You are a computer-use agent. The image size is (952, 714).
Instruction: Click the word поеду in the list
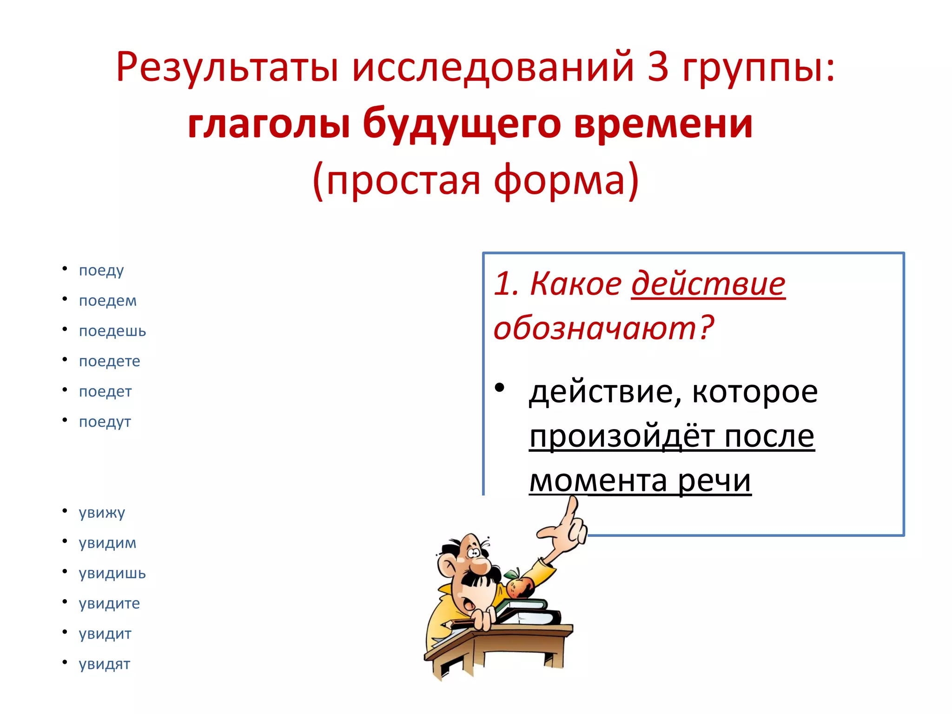pos(101,271)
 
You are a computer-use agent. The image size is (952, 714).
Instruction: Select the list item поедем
pos(108,301)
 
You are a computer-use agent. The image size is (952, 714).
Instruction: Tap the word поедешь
pos(112,331)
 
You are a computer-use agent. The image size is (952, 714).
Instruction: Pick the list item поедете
pos(110,361)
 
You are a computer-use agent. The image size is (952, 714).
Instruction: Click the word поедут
pos(105,422)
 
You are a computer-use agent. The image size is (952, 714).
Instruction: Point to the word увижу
pos(102,513)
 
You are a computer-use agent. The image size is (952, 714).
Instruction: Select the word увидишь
pos(112,573)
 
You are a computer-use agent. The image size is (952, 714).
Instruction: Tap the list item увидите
pos(109,603)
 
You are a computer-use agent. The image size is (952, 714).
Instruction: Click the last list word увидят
pos(105,664)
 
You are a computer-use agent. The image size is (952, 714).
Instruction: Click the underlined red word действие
pos(708,284)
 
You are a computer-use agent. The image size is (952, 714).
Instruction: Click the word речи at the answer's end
pos(714,481)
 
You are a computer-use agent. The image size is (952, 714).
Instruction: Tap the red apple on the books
pos(519,586)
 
